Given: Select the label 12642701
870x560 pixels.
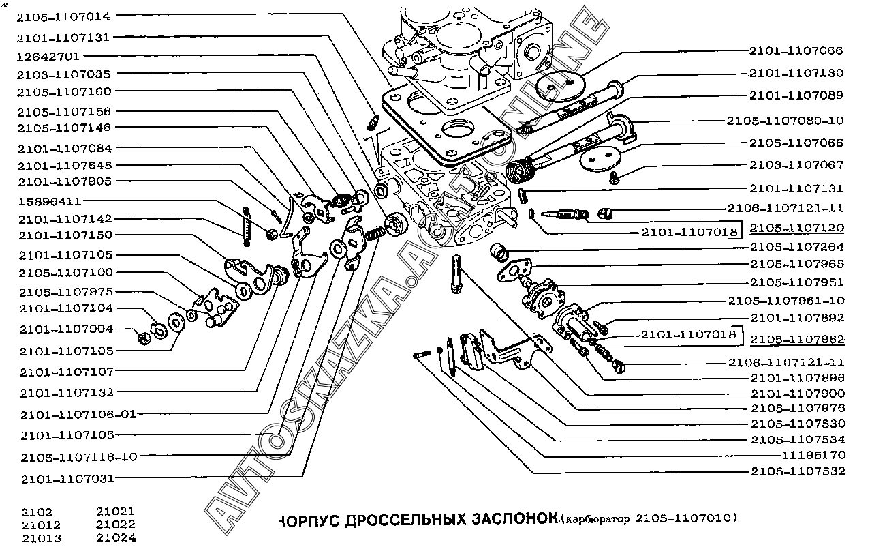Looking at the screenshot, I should click(48, 55).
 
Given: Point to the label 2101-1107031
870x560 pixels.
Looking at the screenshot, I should click(67, 479).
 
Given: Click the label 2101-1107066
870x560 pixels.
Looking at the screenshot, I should click(796, 50).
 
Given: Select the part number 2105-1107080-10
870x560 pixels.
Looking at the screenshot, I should click(784, 121).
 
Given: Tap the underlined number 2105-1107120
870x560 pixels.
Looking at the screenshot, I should click(796, 228).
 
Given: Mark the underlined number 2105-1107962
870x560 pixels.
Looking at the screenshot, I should click(796, 339).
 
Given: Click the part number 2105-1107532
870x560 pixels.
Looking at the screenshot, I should click(796, 471).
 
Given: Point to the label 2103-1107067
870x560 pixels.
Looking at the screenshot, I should click(796, 165).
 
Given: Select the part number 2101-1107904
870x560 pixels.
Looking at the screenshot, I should click(65, 329).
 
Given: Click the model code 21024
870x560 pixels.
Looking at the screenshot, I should click(116, 537).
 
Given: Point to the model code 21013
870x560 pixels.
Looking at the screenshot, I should click(41, 537).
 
